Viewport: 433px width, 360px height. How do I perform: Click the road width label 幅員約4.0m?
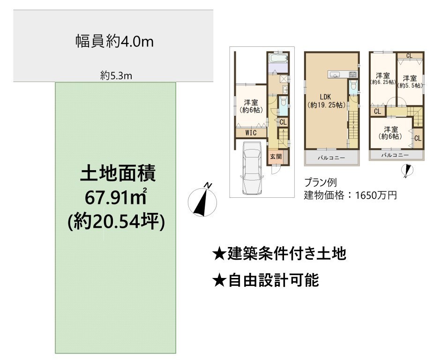[x=115, y=41]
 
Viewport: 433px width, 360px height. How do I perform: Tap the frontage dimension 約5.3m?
[x=116, y=75]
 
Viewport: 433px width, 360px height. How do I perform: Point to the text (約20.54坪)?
[x=116, y=221]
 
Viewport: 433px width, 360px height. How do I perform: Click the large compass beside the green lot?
[x=202, y=201]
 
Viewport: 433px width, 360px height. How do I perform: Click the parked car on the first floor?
[x=252, y=168]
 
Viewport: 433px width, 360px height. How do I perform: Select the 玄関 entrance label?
[x=276, y=157]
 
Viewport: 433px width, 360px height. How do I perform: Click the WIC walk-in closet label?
[x=251, y=133]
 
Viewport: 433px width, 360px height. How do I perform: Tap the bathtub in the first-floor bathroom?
[x=278, y=58]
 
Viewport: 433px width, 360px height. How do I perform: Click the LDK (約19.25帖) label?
[x=326, y=101]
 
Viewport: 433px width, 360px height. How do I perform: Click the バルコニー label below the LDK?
[x=331, y=158]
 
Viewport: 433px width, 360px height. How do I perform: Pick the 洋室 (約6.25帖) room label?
[x=383, y=78]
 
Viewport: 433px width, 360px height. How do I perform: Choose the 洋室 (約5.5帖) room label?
[x=410, y=82]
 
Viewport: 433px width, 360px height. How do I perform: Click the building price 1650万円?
[x=376, y=195]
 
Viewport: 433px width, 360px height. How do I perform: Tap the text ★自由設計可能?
[x=266, y=280]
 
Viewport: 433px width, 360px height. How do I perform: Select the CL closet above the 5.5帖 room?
[x=409, y=56]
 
